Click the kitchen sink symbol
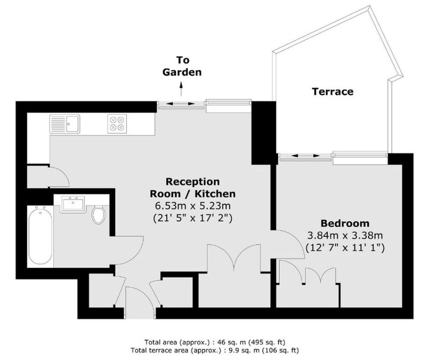[65, 124]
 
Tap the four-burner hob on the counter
[117, 124]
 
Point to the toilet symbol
[98, 215]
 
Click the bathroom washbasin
[72, 204]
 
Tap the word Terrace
[332, 91]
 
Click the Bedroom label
[345, 223]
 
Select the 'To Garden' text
[182, 66]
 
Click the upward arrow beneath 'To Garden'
[181, 88]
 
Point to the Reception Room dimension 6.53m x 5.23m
[193, 206]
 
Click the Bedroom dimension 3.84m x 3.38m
[345, 235]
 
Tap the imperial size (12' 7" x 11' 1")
[345, 247]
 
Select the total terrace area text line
[214, 350]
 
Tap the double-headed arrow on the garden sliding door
[181, 103]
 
